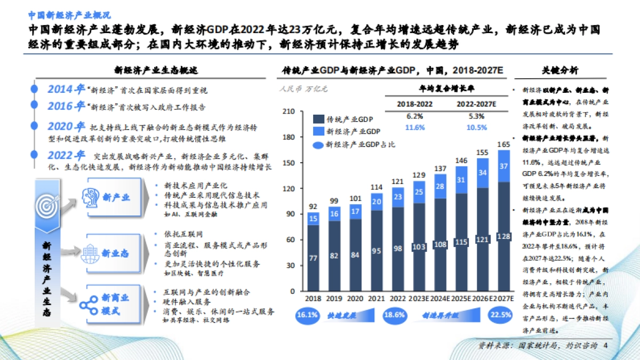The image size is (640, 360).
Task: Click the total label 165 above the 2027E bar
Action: tap(503, 145)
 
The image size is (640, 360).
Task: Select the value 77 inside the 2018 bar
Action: tap(314, 258)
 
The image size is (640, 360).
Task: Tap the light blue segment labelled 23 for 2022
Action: tap(397, 197)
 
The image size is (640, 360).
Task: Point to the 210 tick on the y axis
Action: tap(289, 111)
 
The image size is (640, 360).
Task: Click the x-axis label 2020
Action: tap(355, 299)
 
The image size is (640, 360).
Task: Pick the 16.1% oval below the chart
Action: tap(307, 315)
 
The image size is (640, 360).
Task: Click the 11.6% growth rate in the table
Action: tap(414, 127)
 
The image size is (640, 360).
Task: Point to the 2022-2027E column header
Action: tap(476, 104)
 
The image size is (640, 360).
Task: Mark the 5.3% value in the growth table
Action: tap(476, 116)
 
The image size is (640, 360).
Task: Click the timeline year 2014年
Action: tap(66, 89)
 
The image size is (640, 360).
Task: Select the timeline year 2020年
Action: tap(66, 127)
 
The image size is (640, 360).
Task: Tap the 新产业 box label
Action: tap(116, 197)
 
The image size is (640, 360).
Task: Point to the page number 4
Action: tap(605, 346)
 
